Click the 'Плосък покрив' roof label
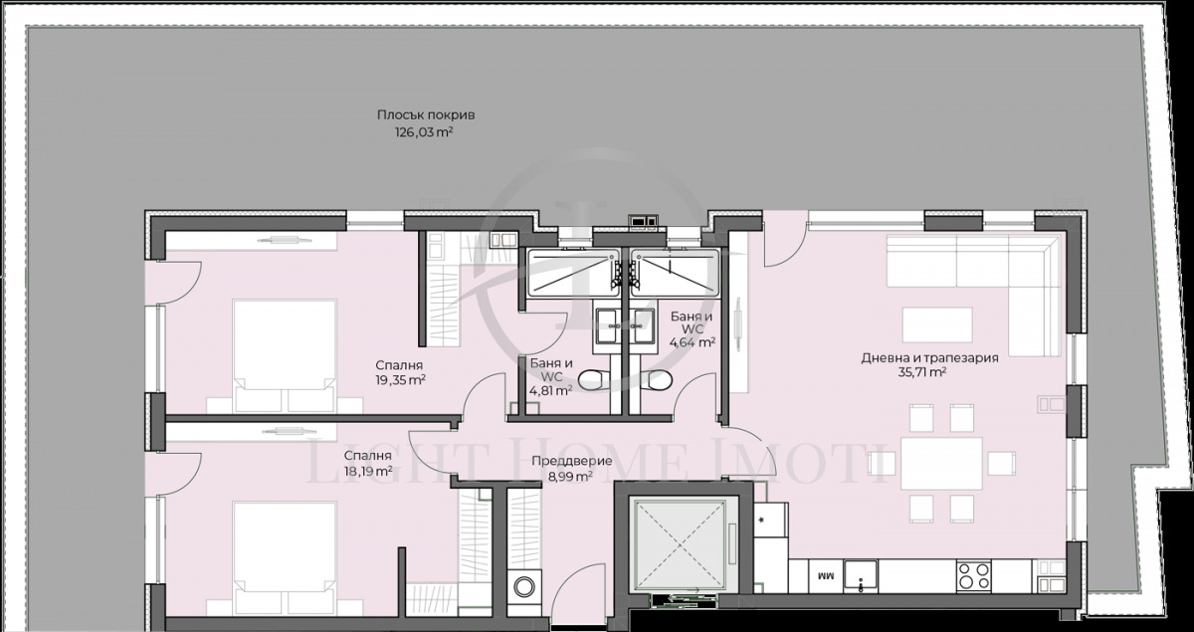(419, 114)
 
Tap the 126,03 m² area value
(419, 131)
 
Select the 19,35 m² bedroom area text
(401, 380)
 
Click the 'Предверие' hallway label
(562, 461)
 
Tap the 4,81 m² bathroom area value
(549, 391)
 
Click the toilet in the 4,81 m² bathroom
(592, 379)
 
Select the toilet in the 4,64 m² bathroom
(657, 379)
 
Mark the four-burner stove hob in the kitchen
(972, 574)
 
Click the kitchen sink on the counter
(860, 575)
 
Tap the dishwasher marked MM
(824, 575)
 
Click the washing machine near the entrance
(522, 587)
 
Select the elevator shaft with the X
(680, 541)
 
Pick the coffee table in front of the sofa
(936, 323)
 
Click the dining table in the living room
(941, 464)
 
